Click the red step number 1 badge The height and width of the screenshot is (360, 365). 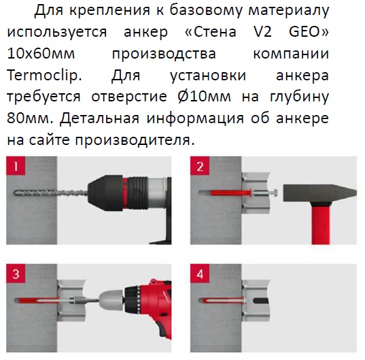click(16, 166)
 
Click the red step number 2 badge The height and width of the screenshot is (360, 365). click(200, 166)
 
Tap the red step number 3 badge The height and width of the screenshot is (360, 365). click(16, 274)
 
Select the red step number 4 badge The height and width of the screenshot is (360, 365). click(200, 274)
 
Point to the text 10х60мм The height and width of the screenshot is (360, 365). click(41, 54)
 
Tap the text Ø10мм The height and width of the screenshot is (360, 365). click(204, 97)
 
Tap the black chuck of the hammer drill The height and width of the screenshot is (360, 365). click(105, 193)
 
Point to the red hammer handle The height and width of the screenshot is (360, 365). click(321, 224)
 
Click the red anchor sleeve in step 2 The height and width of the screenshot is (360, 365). click(231, 193)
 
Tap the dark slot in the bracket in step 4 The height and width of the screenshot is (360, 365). click(261, 301)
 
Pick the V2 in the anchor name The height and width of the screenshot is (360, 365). click(262, 32)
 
